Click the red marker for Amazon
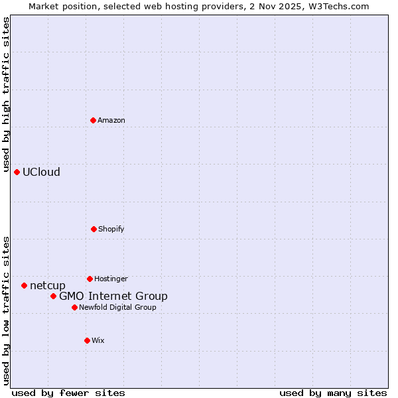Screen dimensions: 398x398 pyautogui.click(x=93, y=120)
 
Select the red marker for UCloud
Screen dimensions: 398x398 pyautogui.click(x=17, y=172)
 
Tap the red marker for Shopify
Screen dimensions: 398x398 pyautogui.click(x=94, y=229)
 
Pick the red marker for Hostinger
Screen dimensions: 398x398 pyautogui.click(x=90, y=279)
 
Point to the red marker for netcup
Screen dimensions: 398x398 pyautogui.click(x=24, y=285)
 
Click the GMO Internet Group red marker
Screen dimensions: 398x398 pyautogui.click(x=53, y=296)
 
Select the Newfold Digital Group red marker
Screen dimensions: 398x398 pyautogui.click(x=74, y=307)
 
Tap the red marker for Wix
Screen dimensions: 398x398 pyautogui.click(x=87, y=340)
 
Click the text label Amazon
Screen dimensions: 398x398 pyautogui.click(x=111, y=120)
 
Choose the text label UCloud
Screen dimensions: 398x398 pyautogui.click(x=41, y=172)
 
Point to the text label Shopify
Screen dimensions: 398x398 pyautogui.click(x=111, y=229)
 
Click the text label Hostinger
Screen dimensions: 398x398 pyautogui.click(x=111, y=279)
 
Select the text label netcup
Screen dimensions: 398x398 pyautogui.click(x=48, y=285)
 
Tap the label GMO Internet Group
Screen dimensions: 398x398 pyautogui.click(x=113, y=296)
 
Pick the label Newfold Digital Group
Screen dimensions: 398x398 pyautogui.click(x=117, y=307)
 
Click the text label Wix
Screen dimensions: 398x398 pyautogui.click(x=98, y=340)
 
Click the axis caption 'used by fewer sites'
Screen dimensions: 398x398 pyautogui.click(x=68, y=393)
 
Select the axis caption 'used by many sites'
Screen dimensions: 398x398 pyautogui.click(x=333, y=393)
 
